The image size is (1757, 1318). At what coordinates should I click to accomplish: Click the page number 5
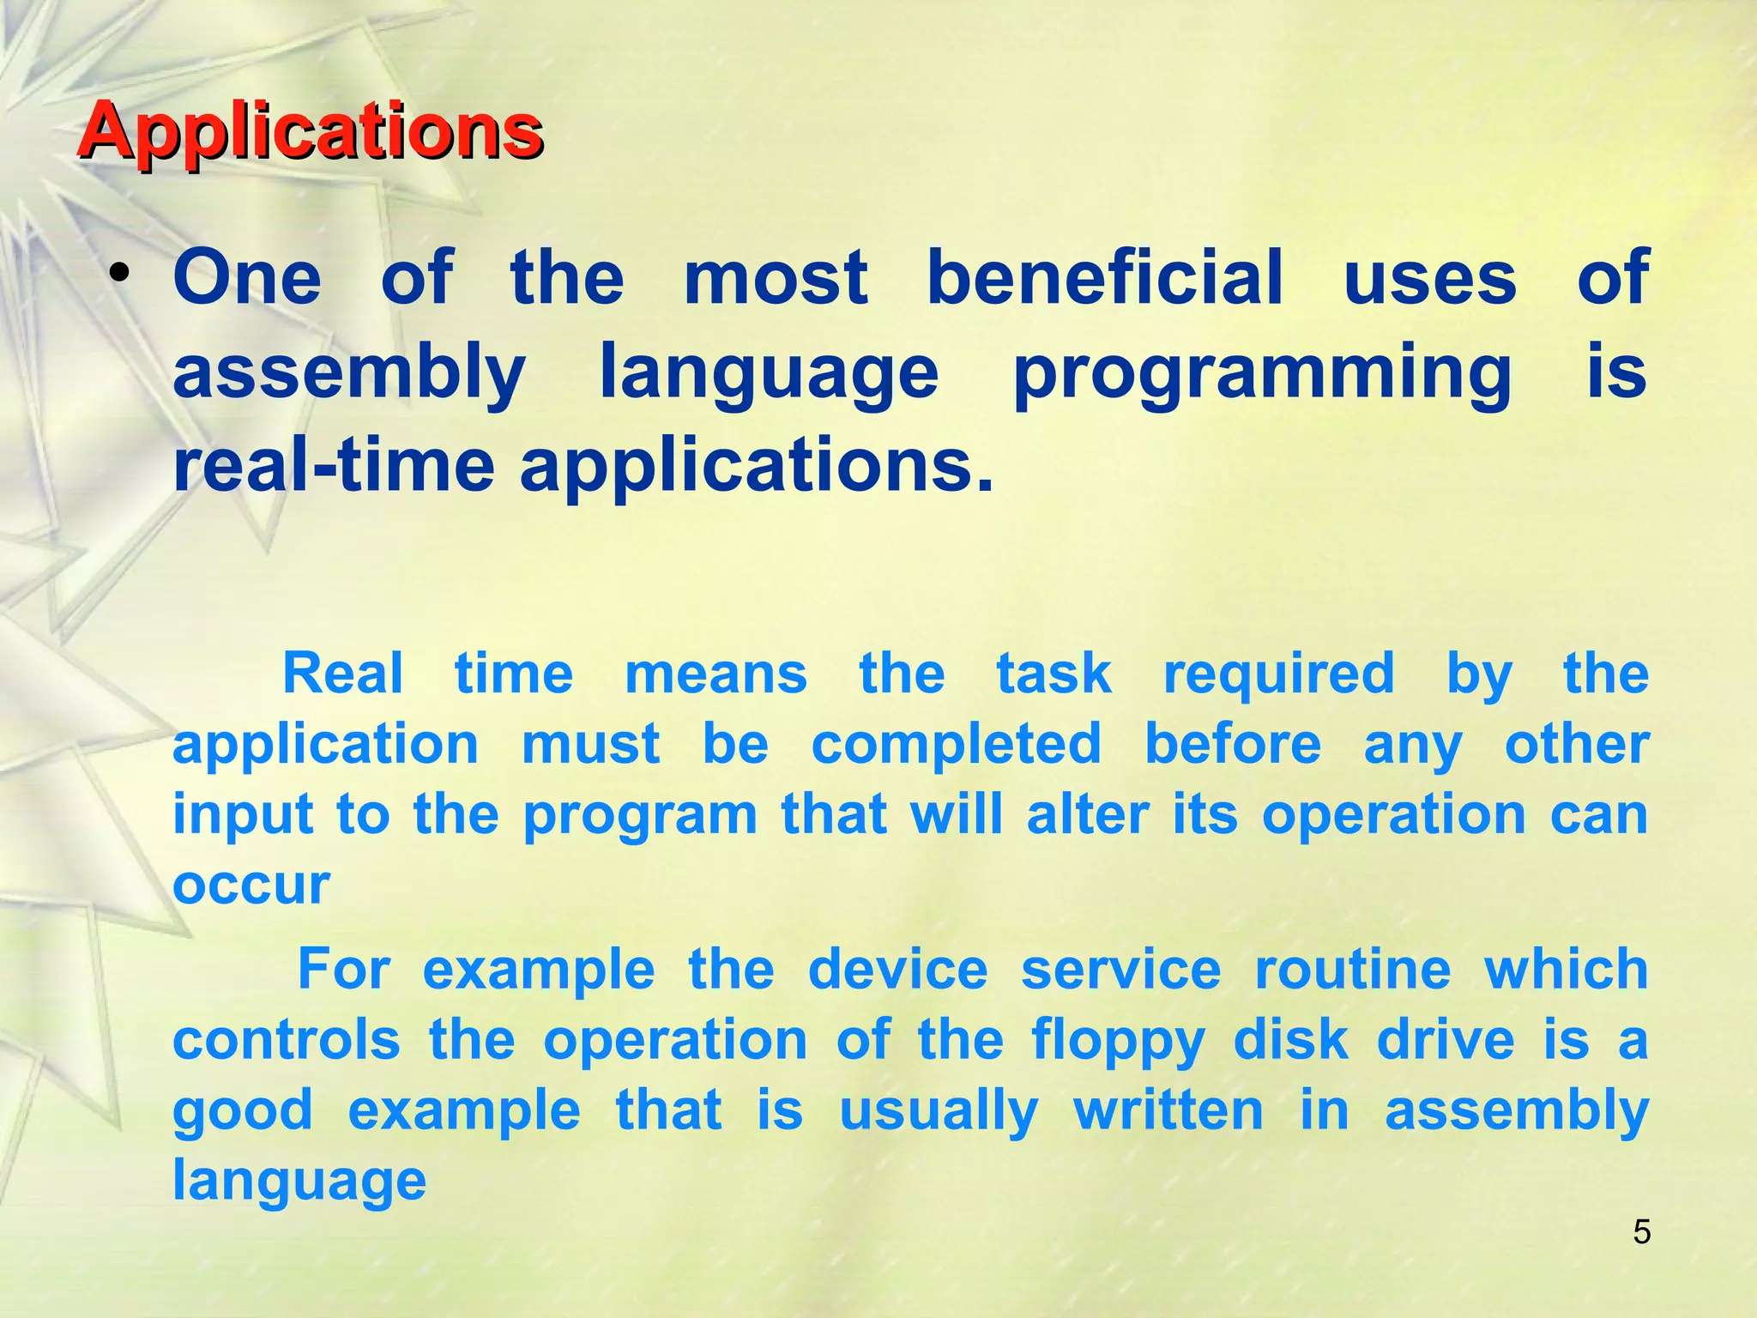pos(1641,1232)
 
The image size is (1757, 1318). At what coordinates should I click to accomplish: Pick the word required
pos(1278,674)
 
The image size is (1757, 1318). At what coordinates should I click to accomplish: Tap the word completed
pos(956,744)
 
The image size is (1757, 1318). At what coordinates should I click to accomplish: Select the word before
pos(1233,744)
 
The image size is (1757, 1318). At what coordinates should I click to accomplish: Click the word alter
pos(1087,814)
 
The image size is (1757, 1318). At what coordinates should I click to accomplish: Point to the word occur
pos(251,885)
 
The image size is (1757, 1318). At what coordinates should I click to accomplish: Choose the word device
pos(897,970)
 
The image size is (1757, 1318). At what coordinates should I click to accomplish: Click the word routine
pos(1353,970)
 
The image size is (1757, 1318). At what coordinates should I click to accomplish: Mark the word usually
pos(939,1112)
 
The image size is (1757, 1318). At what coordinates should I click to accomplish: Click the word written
pos(1168,1111)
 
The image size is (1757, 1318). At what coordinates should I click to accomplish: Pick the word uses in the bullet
pos(1430,279)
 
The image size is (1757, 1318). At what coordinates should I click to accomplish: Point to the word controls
pos(287,1041)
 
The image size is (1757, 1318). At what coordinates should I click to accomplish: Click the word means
pos(715,674)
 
